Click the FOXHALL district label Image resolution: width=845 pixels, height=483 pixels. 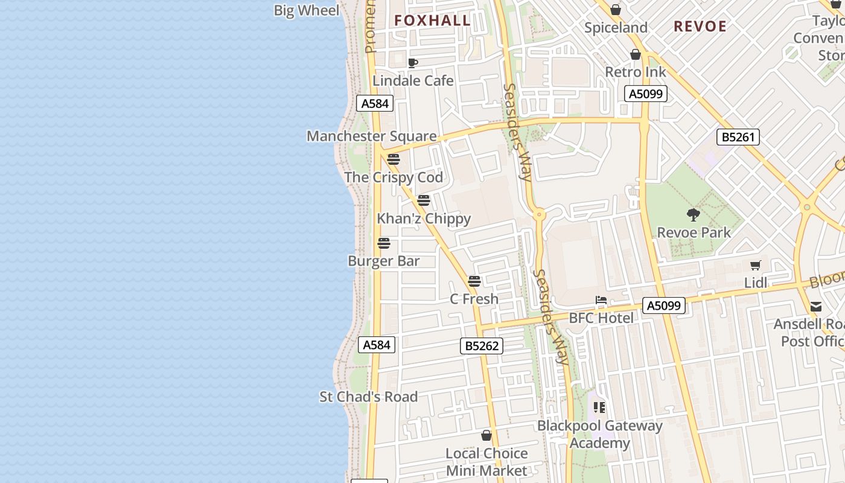(432, 21)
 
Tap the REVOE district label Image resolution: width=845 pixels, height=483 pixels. (700, 27)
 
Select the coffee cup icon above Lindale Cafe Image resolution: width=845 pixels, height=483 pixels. (413, 63)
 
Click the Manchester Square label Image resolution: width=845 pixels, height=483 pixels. (371, 136)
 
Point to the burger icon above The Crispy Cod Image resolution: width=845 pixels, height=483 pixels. (394, 159)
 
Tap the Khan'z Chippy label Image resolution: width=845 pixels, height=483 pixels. (424, 219)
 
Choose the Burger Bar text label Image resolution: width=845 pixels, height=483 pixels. (384, 261)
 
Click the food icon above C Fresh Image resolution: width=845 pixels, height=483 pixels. (474, 281)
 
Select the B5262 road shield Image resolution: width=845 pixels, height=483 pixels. (481, 346)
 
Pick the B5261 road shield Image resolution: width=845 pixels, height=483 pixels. (738, 137)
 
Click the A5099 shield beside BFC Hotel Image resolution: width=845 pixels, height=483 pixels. (663, 305)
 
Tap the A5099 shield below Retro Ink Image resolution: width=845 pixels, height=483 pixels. (645, 94)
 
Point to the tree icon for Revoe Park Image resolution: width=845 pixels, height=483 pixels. (694, 214)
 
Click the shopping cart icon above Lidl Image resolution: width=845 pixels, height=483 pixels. (755, 265)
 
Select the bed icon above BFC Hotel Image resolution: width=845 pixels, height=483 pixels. (601, 300)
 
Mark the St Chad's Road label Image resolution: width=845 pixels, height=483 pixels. (368, 397)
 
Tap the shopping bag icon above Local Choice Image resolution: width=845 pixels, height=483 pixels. (486, 435)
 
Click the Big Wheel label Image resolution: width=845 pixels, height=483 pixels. (307, 10)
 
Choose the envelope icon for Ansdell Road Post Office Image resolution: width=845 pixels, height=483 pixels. (816, 307)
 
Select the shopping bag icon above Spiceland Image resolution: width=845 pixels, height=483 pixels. (616, 10)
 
